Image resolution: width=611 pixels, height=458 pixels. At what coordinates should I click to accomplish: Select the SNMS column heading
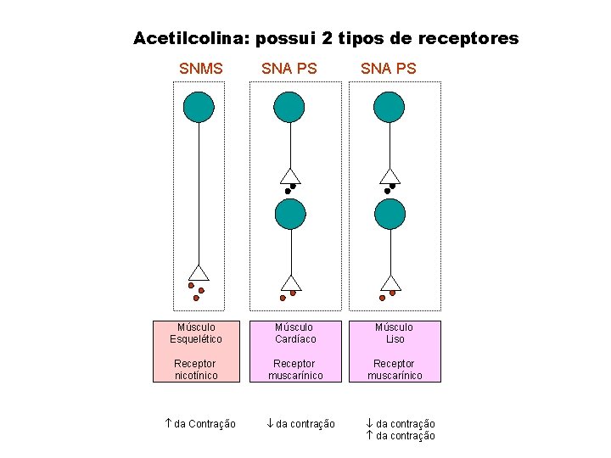click(201, 68)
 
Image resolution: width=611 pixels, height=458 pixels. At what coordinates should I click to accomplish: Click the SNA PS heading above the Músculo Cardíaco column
click(289, 68)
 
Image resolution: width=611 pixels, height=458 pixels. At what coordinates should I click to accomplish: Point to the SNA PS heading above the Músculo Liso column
click(389, 68)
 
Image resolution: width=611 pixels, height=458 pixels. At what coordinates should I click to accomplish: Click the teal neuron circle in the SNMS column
click(199, 107)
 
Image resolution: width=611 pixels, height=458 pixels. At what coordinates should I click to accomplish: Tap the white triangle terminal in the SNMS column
click(199, 272)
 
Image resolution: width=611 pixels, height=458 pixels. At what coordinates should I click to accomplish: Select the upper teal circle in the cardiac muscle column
click(290, 107)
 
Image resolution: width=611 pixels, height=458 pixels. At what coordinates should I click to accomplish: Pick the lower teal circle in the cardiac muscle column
click(290, 214)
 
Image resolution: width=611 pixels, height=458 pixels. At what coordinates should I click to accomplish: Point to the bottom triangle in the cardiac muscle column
click(291, 283)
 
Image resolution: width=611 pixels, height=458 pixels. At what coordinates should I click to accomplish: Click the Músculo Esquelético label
click(196, 332)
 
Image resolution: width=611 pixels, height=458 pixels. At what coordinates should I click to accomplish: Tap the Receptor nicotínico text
click(196, 369)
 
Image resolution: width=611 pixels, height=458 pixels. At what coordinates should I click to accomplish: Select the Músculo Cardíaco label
click(295, 332)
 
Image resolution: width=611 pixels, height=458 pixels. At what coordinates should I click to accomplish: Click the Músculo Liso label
click(395, 332)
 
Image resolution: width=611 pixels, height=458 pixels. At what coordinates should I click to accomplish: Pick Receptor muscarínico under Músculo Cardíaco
click(295, 369)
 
